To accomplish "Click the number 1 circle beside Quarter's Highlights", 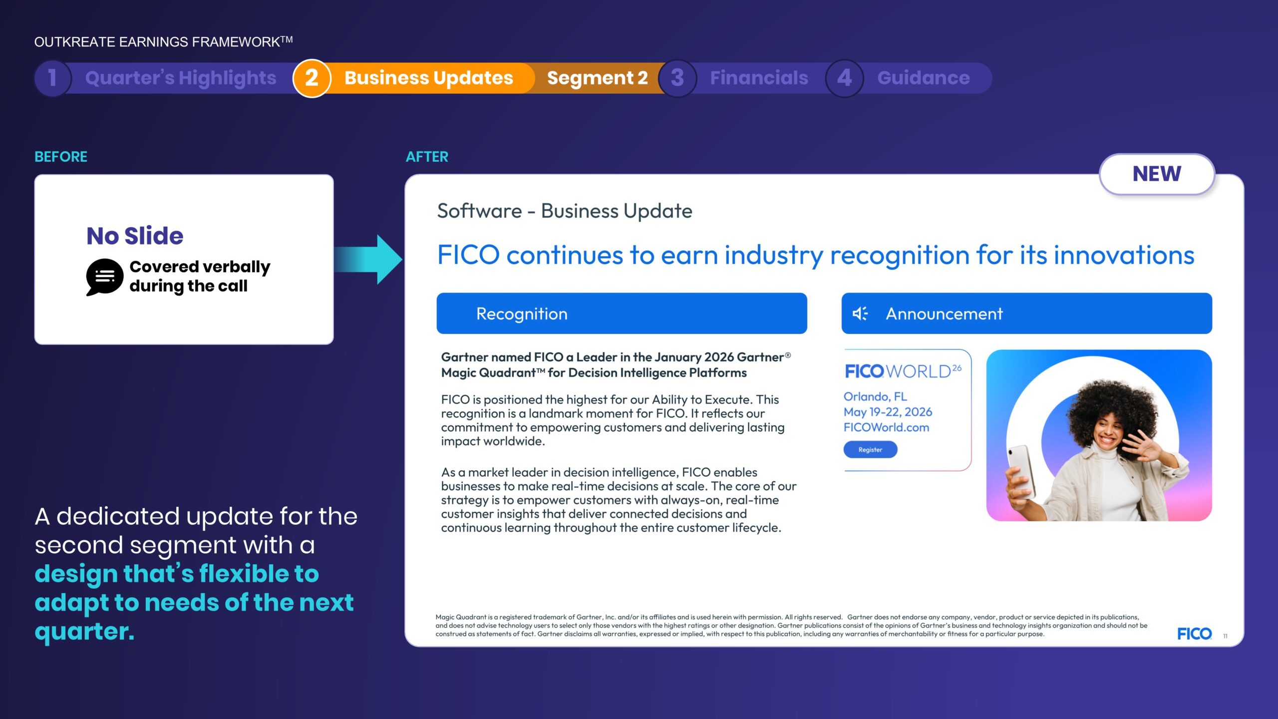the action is click(52, 78).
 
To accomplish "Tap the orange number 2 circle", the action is click(312, 78).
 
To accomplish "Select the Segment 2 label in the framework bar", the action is click(597, 78).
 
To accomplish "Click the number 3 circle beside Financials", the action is click(677, 78).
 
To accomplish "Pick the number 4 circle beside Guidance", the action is click(844, 78).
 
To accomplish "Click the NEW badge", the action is click(1157, 174).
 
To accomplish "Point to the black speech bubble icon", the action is click(104, 277).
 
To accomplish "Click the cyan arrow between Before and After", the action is click(368, 259).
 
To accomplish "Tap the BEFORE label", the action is click(61, 157).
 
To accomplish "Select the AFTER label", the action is click(427, 157).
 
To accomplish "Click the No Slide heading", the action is click(135, 236).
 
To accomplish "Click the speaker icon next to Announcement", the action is click(860, 314).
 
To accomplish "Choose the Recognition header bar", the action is click(622, 314).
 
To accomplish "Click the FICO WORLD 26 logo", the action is click(903, 371).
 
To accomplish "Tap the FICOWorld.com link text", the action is click(886, 427).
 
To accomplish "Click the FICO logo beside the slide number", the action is click(1194, 634).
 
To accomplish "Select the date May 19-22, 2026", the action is click(888, 412).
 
